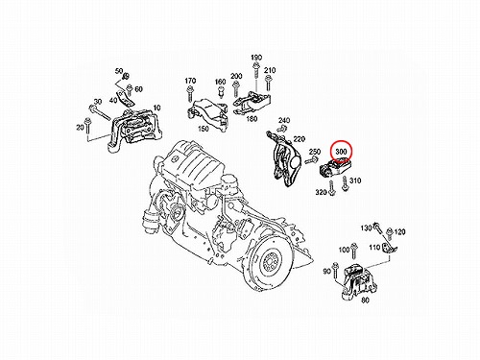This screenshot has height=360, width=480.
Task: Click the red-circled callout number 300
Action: point(341,151)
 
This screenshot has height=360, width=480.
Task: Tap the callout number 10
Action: point(156,108)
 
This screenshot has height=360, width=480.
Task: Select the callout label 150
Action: point(204,129)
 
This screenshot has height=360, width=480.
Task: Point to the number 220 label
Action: point(300,139)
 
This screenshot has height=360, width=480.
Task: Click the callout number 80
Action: point(365,300)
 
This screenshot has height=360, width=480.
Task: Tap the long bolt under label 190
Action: point(256,74)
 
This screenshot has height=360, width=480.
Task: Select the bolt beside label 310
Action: point(345,183)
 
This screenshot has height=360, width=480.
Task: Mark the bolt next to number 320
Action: point(331,188)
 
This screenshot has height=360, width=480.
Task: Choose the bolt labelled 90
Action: point(335,271)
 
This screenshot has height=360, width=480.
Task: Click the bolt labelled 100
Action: point(353,252)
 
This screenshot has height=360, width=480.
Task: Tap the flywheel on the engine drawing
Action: point(268,263)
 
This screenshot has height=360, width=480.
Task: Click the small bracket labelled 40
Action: point(126,99)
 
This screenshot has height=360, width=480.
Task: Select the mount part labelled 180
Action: point(252,103)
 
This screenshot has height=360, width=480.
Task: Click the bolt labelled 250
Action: point(311,160)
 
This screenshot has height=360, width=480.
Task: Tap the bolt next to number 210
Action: point(268,83)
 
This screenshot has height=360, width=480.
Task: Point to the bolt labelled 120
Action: point(390,234)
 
